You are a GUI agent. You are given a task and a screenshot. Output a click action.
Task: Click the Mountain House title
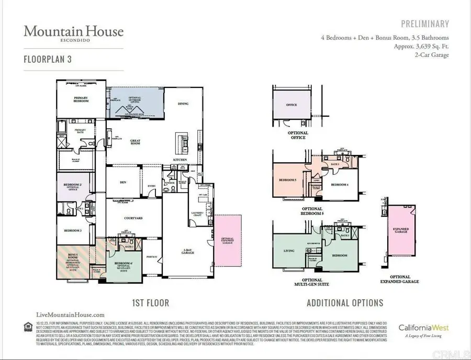[73, 31]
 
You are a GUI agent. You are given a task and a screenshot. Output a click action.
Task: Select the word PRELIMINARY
[425, 24]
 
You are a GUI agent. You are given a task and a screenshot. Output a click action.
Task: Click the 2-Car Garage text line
[431, 55]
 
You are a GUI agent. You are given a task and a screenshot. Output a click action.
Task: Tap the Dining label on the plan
[183, 104]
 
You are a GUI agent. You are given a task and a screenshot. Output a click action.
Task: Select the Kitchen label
[181, 159]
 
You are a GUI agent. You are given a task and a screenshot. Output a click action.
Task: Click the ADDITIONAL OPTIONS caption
[344, 302]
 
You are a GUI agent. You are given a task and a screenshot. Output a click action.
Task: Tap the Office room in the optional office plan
[291, 105]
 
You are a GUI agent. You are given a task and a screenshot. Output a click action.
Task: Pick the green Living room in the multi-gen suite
[288, 251]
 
